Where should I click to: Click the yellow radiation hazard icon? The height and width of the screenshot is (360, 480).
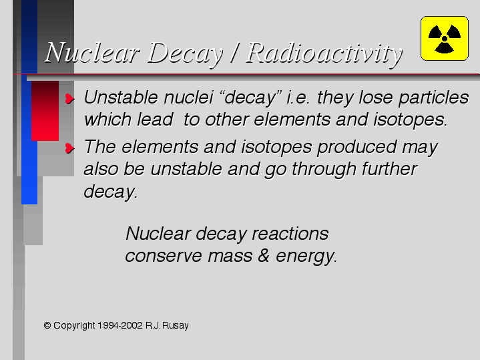(x=445, y=38)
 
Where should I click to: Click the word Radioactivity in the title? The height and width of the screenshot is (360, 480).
(x=324, y=53)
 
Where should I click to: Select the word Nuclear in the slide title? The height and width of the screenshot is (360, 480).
(x=92, y=52)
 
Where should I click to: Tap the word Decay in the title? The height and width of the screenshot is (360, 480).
(x=186, y=53)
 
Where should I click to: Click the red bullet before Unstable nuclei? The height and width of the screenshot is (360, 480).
(x=70, y=99)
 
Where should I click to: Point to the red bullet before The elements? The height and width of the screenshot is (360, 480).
(x=70, y=148)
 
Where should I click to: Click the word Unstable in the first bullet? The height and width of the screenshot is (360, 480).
(x=122, y=98)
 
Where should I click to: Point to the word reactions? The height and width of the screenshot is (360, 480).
(x=290, y=234)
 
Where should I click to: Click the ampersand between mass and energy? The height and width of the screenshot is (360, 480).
(x=263, y=256)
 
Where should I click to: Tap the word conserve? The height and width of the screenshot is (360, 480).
(x=164, y=256)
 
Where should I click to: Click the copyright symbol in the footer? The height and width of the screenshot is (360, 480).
(x=47, y=325)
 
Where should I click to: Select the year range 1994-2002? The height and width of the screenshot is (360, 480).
(x=120, y=325)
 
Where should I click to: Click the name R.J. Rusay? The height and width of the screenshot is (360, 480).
(x=167, y=325)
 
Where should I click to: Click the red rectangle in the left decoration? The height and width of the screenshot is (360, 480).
(x=45, y=111)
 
